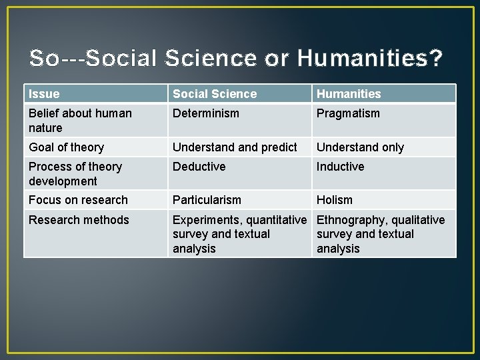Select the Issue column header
(44, 94)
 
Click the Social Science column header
(214, 94)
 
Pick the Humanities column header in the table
(349, 94)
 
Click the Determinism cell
(205, 113)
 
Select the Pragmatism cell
(348, 113)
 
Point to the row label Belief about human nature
(80, 121)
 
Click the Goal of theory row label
(66, 147)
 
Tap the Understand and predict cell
(235, 147)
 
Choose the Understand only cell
(360, 147)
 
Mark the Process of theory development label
(75, 173)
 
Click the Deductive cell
(199, 167)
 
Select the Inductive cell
(340, 167)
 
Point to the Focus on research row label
(78, 200)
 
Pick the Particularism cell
(207, 200)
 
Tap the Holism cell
(335, 200)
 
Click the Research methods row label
(79, 220)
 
